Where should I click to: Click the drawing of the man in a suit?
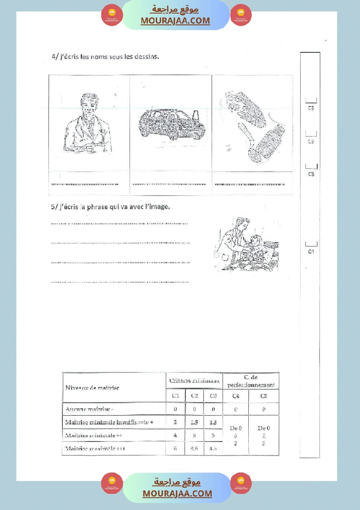coord(88,124)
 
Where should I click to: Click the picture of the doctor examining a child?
coord(246,245)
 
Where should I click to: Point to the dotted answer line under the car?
coord(170,184)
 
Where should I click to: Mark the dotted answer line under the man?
coord(85,184)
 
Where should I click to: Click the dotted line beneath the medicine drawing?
coord(253,184)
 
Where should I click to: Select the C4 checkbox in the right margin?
coord(311,244)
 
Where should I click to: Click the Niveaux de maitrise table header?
coord(92,387)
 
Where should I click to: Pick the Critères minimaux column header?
coord(194,381)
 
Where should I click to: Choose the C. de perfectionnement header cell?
coord(251,381)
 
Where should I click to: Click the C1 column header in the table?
coord(175,396)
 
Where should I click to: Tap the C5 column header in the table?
coord(264,396)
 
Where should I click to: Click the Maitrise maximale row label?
coord(91,448)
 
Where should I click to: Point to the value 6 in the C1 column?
coord(175,448)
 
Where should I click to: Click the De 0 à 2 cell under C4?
coord(236,435)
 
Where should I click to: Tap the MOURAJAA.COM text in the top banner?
coord(175,21)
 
